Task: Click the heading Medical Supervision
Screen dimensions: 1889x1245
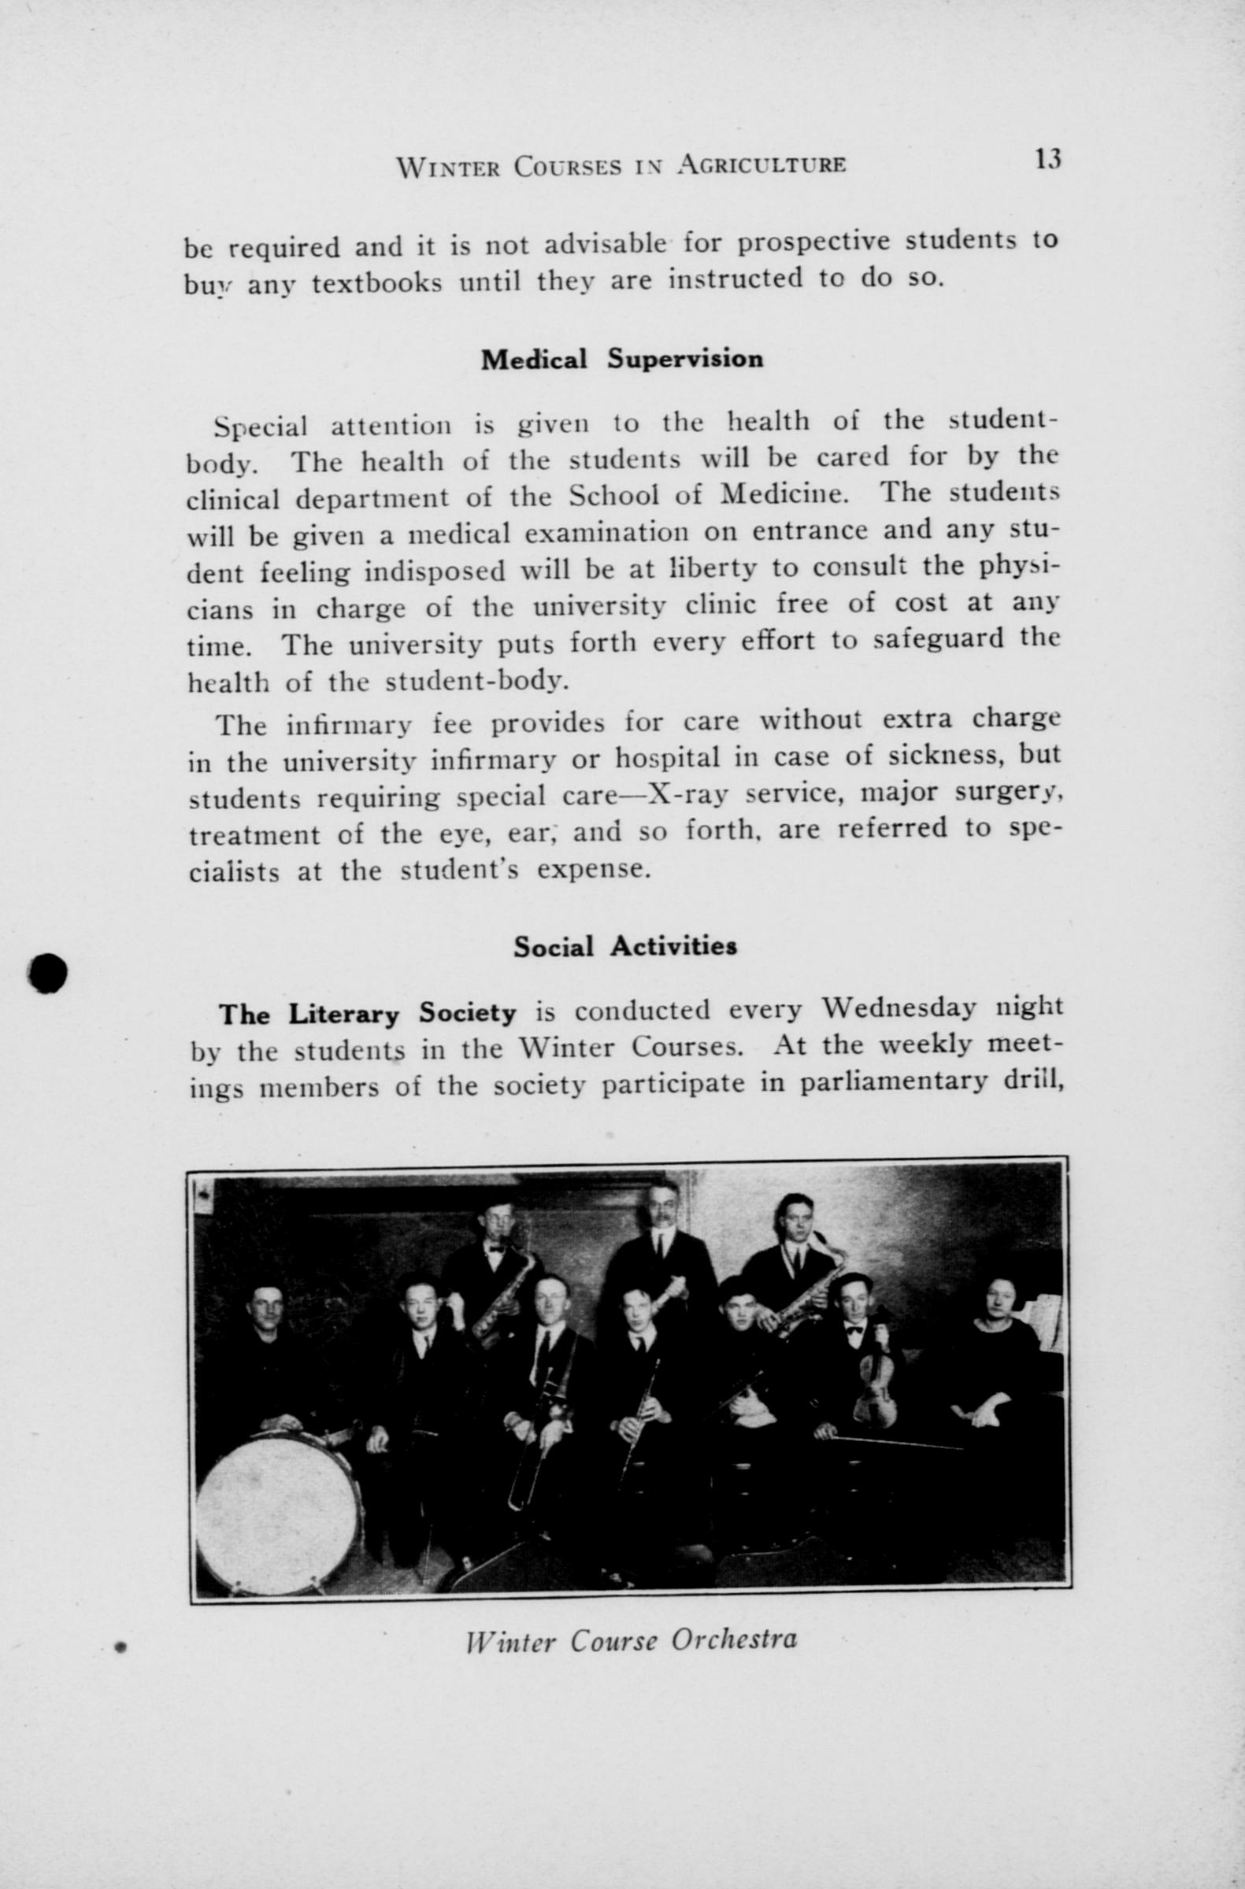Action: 621,360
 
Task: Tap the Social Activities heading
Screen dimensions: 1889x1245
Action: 625,946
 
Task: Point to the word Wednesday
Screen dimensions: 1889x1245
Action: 898,1010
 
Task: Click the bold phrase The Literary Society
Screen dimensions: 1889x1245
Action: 368,1014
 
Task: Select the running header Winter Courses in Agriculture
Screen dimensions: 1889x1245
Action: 621,165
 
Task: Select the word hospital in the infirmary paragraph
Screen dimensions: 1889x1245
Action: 669,758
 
